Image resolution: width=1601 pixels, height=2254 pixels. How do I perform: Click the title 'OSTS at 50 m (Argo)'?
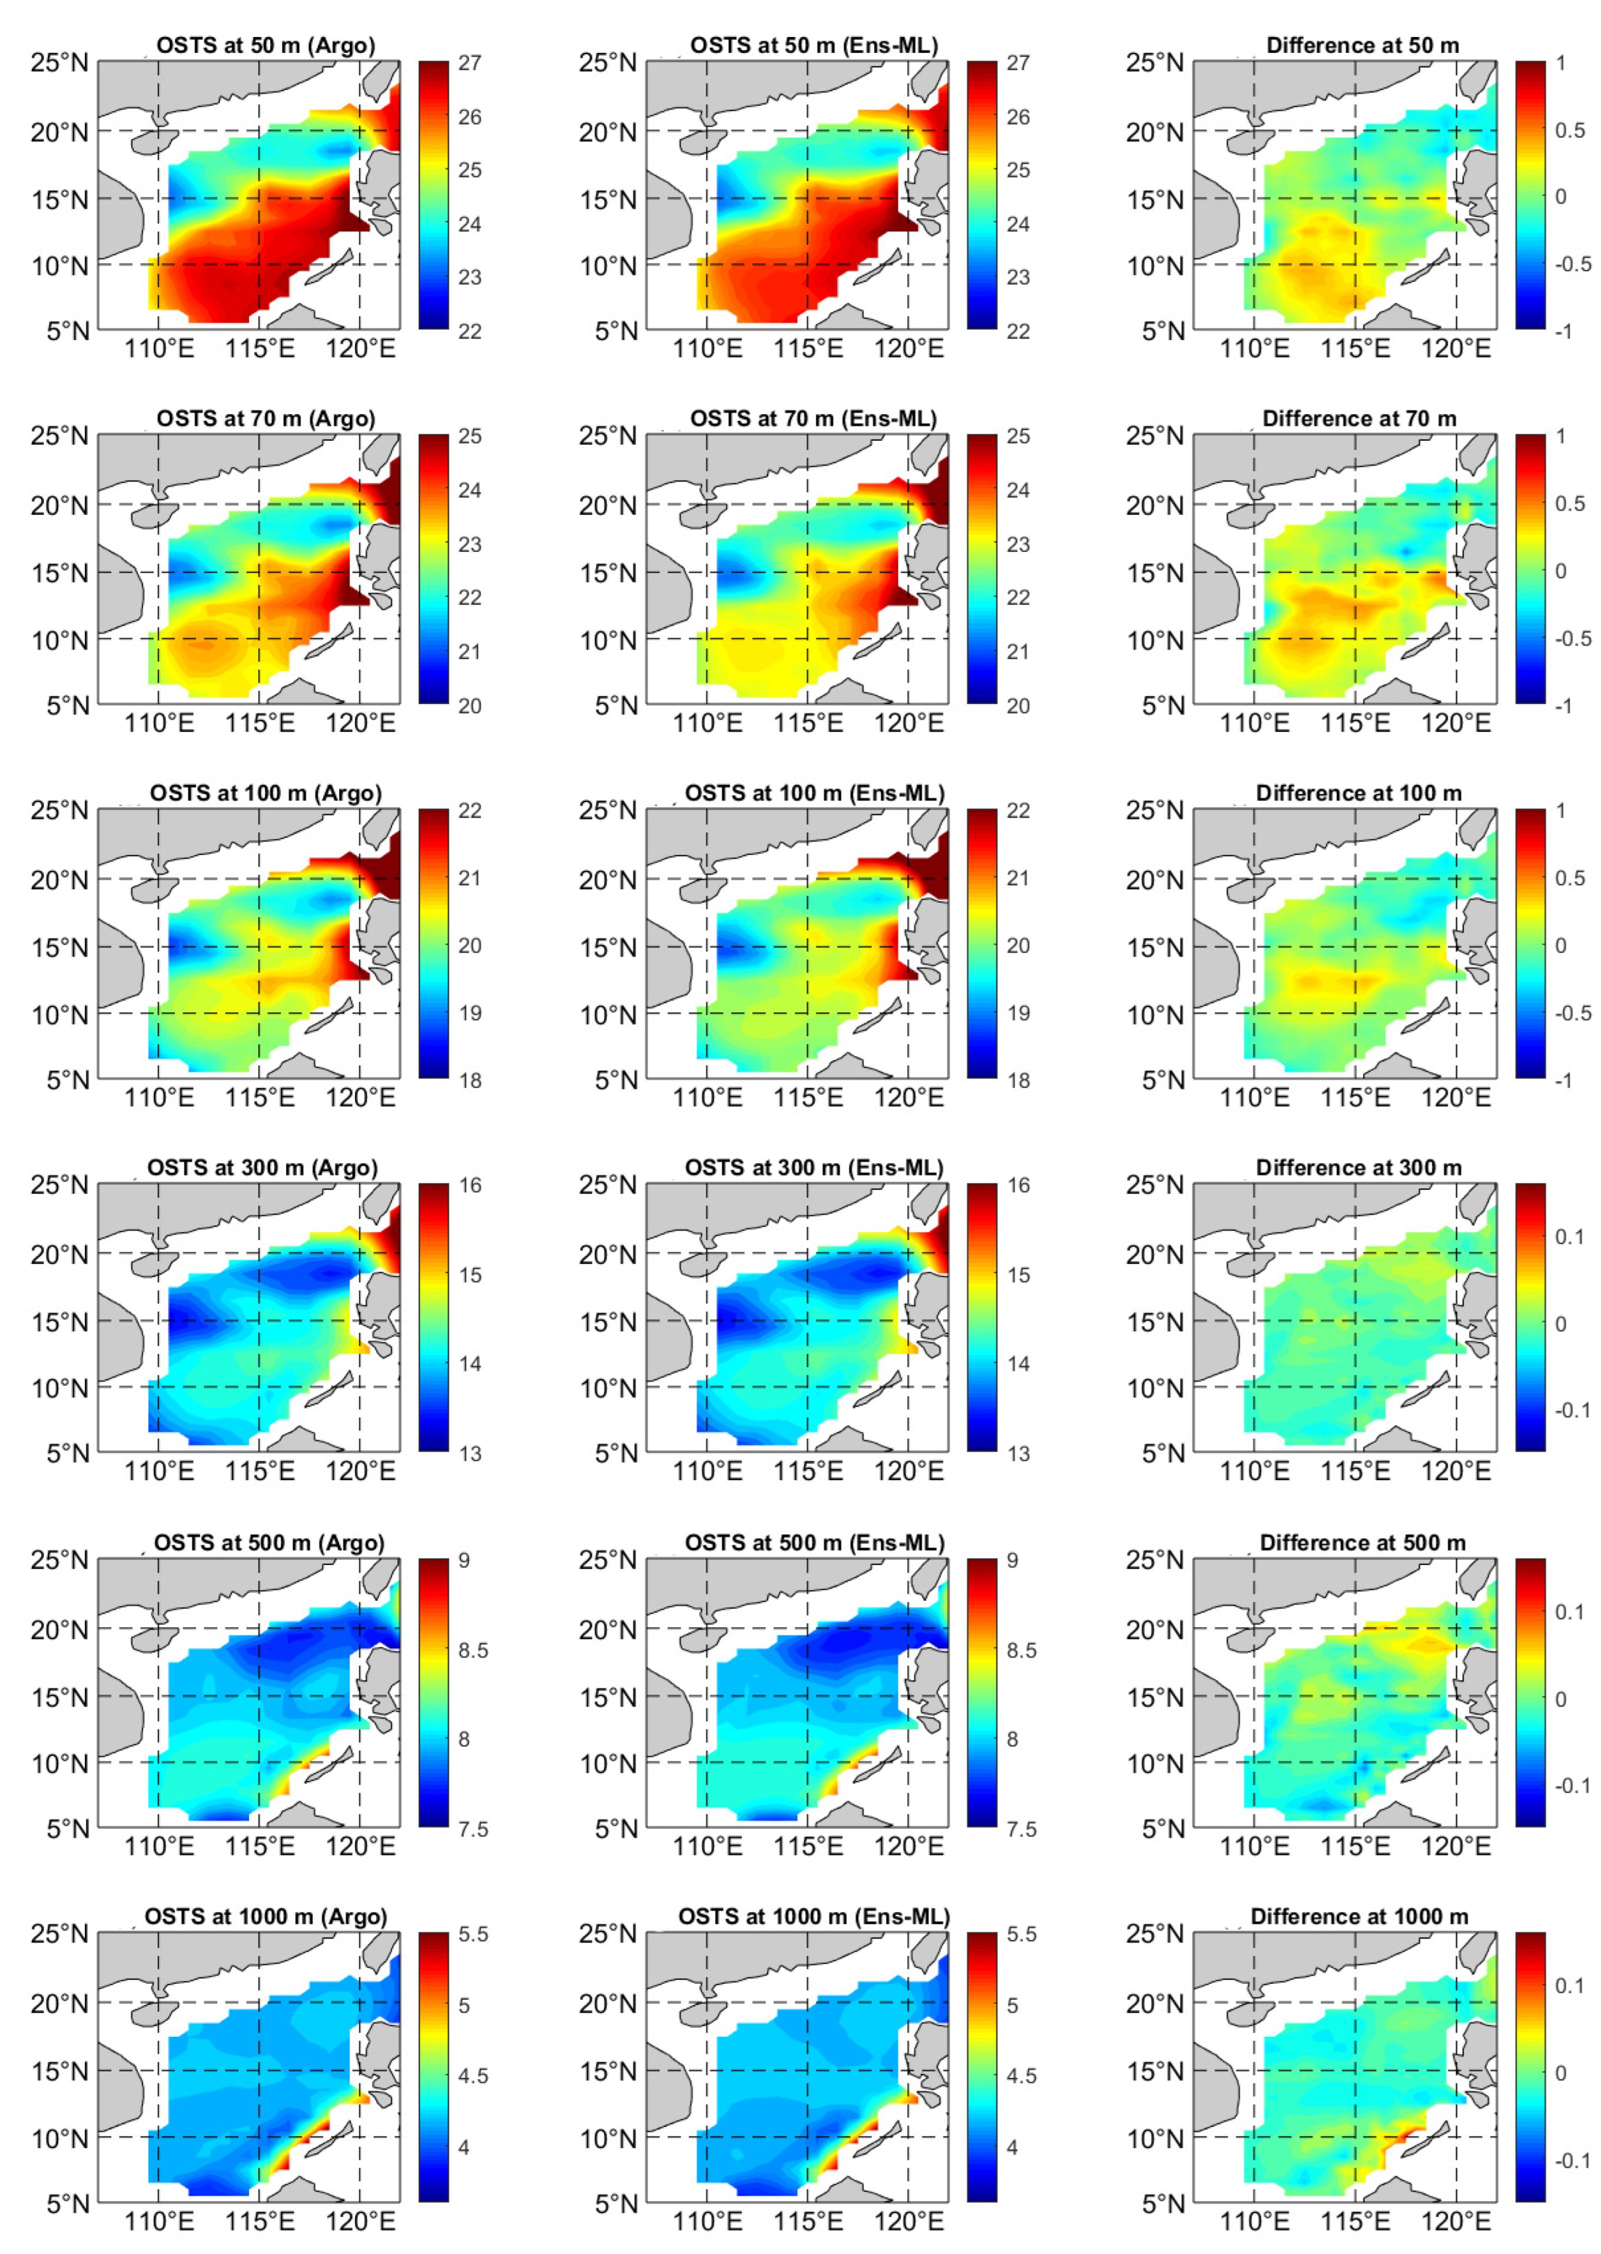[265, 45]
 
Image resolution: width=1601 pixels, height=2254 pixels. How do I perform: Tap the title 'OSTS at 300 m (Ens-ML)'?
[813, 1168]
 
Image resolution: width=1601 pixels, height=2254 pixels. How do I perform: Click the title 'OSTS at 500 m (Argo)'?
[268, 1542]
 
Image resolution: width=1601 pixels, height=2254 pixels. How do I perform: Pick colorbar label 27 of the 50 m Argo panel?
[469, 63]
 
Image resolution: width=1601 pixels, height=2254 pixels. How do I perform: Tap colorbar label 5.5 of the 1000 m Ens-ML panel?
[1021, 1934]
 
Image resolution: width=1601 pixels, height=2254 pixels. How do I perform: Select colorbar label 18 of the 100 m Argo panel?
[469, 1080]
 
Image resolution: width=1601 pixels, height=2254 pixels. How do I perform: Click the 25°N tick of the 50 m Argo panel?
[59, 63]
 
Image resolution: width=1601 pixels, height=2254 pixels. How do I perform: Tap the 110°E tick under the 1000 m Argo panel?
[159, 2222]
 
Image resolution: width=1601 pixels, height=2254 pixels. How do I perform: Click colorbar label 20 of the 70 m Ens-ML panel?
[1017, 706]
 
